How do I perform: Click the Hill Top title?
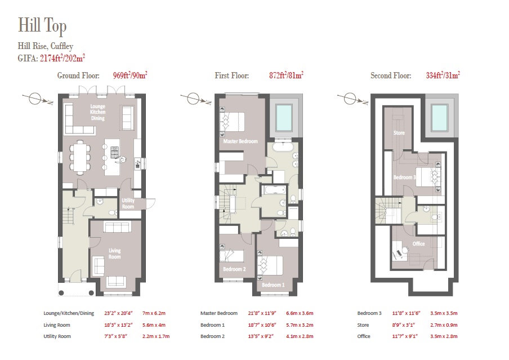pyautogui.click(x=42, y=25)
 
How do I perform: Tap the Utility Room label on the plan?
pyautogui.click(x=128, y=203)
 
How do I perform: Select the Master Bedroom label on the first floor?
pyautogui.click(x=240, y=141)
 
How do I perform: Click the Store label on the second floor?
pyautogui.click(x=399, y=133)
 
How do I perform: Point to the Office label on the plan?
pyautogui.click(x=418, y=244)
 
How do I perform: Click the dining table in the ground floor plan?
pyautogui.click(x=79, y=157)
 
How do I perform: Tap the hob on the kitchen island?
pyautogui.click(x=115, y=152)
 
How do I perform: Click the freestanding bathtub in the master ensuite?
pyautogui.click(x=283, y=148)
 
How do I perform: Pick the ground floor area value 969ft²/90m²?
pyautogui.click(x=130, y=75)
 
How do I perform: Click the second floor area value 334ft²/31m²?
pyautogui.click(x=443, y=75)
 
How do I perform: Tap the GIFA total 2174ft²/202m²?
pyautogui.click(x=62, y=59)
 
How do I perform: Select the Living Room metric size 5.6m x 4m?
pyautogui.click(x=154, y=325)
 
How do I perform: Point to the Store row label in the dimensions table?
pyautogui.click(x=363, y=325)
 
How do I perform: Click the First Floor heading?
pyautogui.click(x=232, y=75)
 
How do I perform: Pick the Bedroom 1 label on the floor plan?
pyautogui.click(x=273, y=285)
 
